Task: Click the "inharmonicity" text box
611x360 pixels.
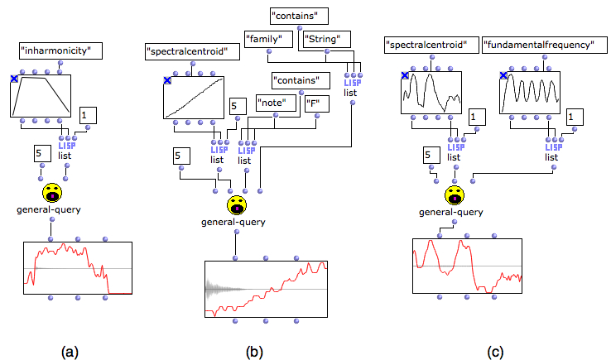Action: (60, 50)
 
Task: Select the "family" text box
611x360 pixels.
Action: (268, 40)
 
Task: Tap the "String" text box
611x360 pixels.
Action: (326, 40)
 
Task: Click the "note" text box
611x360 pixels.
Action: (276, 103)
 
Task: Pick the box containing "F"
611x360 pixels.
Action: (317, 103)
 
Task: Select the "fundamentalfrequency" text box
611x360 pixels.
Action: (545, 46)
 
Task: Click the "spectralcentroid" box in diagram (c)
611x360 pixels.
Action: (431, 46)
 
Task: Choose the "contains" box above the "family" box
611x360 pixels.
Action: (299, 16)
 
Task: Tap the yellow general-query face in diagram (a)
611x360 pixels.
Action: (52, 193)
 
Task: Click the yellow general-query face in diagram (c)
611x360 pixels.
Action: (455, 195)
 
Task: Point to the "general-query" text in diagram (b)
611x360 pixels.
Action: (233, 222)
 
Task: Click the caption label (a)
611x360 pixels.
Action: (70, 352)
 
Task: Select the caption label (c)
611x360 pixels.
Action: (495, 352)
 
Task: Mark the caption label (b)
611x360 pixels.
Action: (254, 352)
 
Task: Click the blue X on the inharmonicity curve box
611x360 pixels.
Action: (14, 79)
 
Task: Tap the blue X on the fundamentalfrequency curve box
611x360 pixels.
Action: (503, 75)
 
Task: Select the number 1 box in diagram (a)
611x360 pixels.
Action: (88, 116)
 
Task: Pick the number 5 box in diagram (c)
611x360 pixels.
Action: (431, 155)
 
